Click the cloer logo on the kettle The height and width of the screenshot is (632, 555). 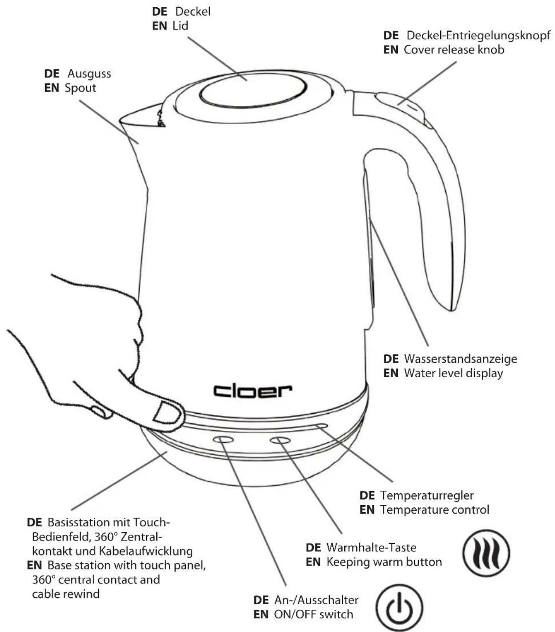coord(253,391)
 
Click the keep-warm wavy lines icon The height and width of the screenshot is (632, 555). coord(486,553)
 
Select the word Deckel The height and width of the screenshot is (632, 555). coord(193,12)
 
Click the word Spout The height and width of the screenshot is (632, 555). coord(80,88)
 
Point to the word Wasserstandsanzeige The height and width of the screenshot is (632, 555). coord(460,359)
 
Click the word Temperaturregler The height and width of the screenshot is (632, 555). coord(427,495)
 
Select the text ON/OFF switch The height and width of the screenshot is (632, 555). coord(313,614)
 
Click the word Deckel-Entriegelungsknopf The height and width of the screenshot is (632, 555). coord(478,35)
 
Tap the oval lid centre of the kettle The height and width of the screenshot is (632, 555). coord(253,91)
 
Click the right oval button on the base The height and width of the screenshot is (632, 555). coord(280,440)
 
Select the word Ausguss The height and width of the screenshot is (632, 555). coord(89,74)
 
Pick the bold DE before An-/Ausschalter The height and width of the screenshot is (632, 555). coord(261,600)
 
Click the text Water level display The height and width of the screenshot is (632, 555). coord(453,373)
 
